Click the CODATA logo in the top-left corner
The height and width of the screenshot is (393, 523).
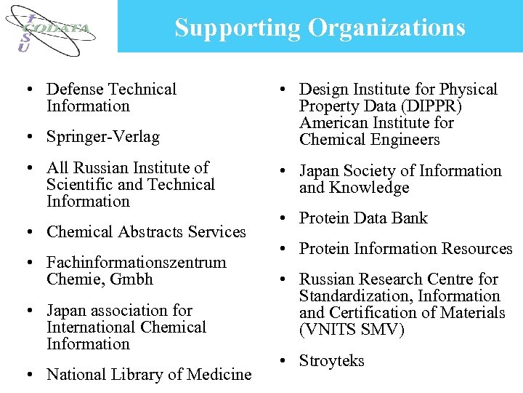[x=54, y=30]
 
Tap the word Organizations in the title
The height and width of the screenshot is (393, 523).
[x=386, y=28]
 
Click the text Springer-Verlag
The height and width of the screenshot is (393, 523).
[x=102, y=136]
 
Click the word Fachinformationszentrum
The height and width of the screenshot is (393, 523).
[x=136, y=263]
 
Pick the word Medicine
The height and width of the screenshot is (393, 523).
[x=218, y=375]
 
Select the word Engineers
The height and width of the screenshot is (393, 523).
[x=404, y=140]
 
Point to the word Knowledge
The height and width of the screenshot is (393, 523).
[x=372, y=188]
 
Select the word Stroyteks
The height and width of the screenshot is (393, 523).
[x=331, y=361]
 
